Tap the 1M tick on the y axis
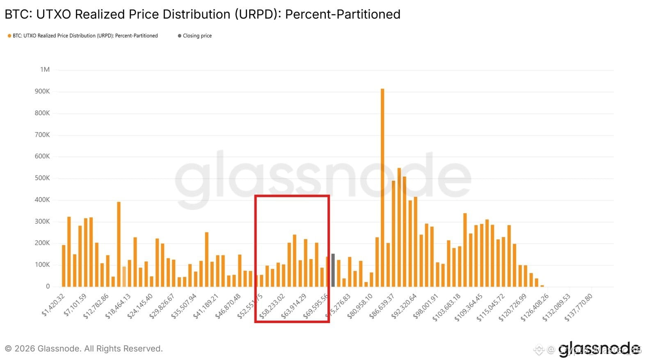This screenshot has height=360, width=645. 45,70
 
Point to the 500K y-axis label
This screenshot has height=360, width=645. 42,178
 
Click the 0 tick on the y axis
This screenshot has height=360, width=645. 48,286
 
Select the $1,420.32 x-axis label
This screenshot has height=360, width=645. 54,305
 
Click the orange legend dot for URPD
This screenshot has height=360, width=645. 9,36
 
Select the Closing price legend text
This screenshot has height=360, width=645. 197,36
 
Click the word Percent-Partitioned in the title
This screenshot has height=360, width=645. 343,14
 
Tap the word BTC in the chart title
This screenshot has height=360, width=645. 16,14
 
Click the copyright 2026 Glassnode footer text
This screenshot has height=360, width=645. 84,349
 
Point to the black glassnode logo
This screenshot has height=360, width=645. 599,349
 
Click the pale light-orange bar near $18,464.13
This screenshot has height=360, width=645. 124,276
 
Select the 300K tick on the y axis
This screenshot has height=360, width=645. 42,221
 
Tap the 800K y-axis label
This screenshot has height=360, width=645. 42,113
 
